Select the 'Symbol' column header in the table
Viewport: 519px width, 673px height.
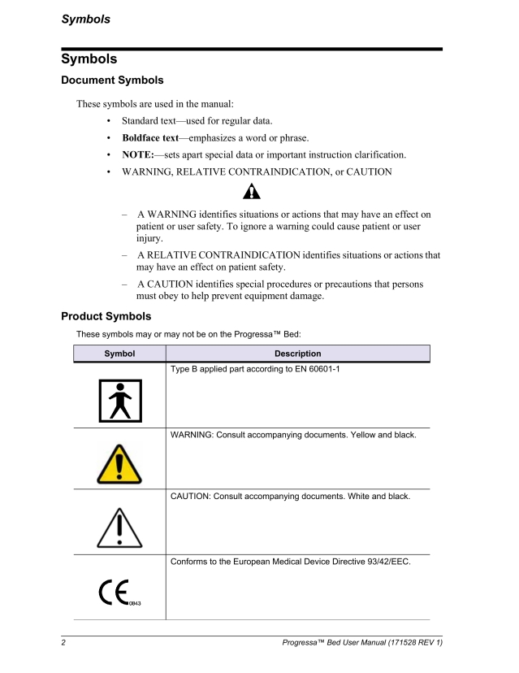[x=119, y=354]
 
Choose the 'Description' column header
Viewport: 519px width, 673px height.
[x=297, y=354]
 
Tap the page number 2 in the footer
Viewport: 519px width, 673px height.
[x=63, y=646]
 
